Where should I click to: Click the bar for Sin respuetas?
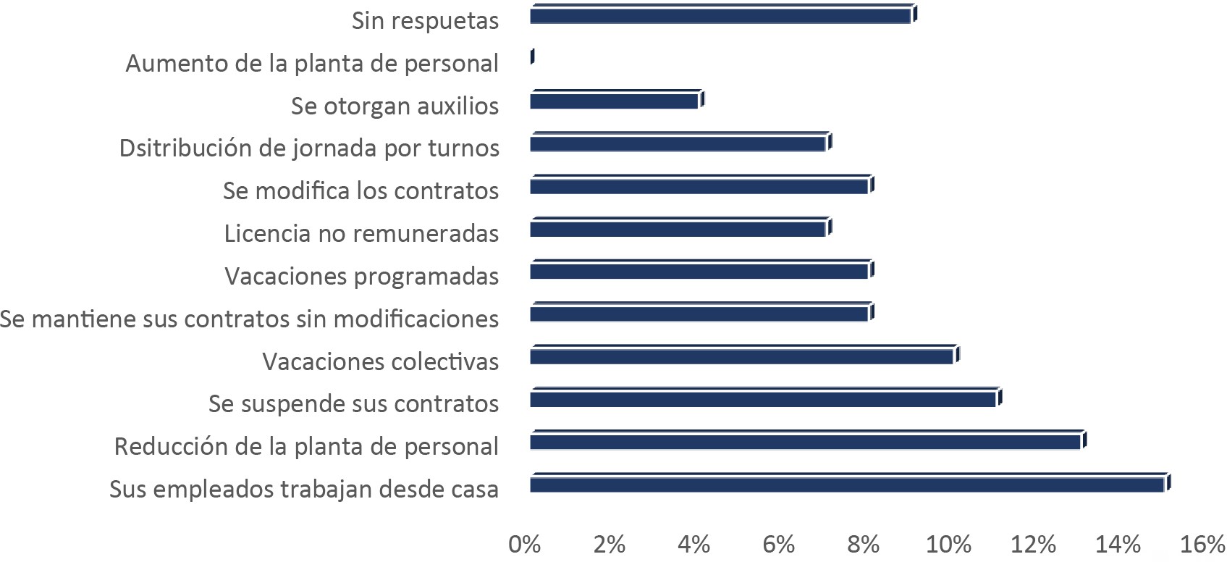tap(720, 15)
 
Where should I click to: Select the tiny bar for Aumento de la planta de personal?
tap(532, 56)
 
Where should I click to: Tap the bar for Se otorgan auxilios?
tap(614, 101)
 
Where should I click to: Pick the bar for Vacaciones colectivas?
tap(741, 356)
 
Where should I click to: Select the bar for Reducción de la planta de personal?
tap(805, 441)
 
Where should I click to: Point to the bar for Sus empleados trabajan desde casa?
tap(847, 484)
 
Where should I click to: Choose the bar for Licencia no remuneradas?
tap(678, 228)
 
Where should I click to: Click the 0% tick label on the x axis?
tap(525, 545)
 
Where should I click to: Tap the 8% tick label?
tap(864, 545)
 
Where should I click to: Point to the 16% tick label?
tap(1202, 545)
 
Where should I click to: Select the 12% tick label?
tap(1033, 545)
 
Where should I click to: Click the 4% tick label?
tap(694, 545)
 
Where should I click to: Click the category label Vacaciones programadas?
tap(361, 276)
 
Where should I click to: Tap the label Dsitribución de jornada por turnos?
tap(309, 148)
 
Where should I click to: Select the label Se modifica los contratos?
tap(360, 190)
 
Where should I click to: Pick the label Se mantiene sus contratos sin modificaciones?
tap(249, 319)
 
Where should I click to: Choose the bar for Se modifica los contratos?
tap(699, 185)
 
